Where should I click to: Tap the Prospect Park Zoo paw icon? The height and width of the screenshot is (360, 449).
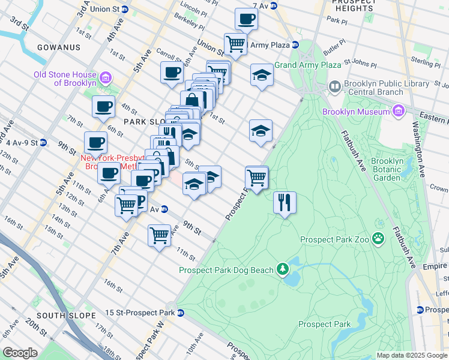tap(378, 239)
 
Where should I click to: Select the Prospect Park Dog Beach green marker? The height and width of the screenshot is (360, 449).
tap(282, 269)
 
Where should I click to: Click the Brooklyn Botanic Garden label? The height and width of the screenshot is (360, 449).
tap(394, 169)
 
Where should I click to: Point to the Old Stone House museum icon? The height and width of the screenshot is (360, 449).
tap(106, 78)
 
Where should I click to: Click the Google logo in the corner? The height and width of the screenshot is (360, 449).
tap(20, 353)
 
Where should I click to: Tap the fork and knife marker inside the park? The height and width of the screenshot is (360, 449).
tap(285, 202)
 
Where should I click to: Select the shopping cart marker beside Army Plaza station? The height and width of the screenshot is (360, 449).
tap(235, 44)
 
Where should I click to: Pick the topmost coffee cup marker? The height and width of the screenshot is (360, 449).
tap(246, 19)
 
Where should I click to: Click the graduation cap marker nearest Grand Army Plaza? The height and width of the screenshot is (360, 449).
tap(261, 74)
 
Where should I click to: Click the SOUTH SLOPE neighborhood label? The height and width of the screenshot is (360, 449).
tap(66, 315)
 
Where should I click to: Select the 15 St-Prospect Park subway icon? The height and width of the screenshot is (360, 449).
tap(180, 313)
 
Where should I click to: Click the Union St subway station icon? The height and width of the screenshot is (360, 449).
tap(125, 10)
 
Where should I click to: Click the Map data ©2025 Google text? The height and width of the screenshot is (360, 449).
tap(412, 355)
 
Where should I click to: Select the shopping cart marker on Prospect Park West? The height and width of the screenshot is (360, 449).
tap(257, 177)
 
